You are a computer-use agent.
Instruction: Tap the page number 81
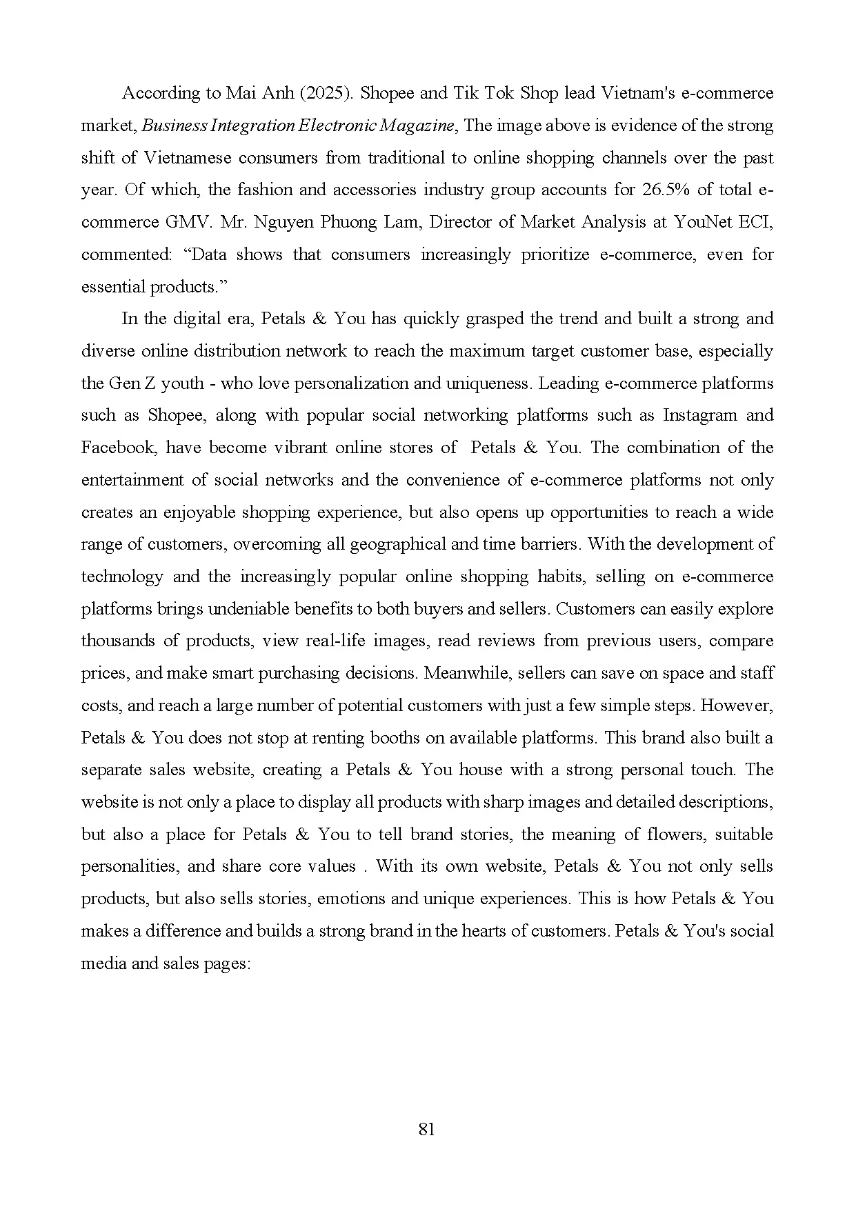pos(427,1129)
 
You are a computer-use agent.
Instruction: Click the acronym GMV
pos(186,222)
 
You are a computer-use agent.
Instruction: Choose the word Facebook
pos(116,448)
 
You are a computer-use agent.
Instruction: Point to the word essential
pos(114,287)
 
